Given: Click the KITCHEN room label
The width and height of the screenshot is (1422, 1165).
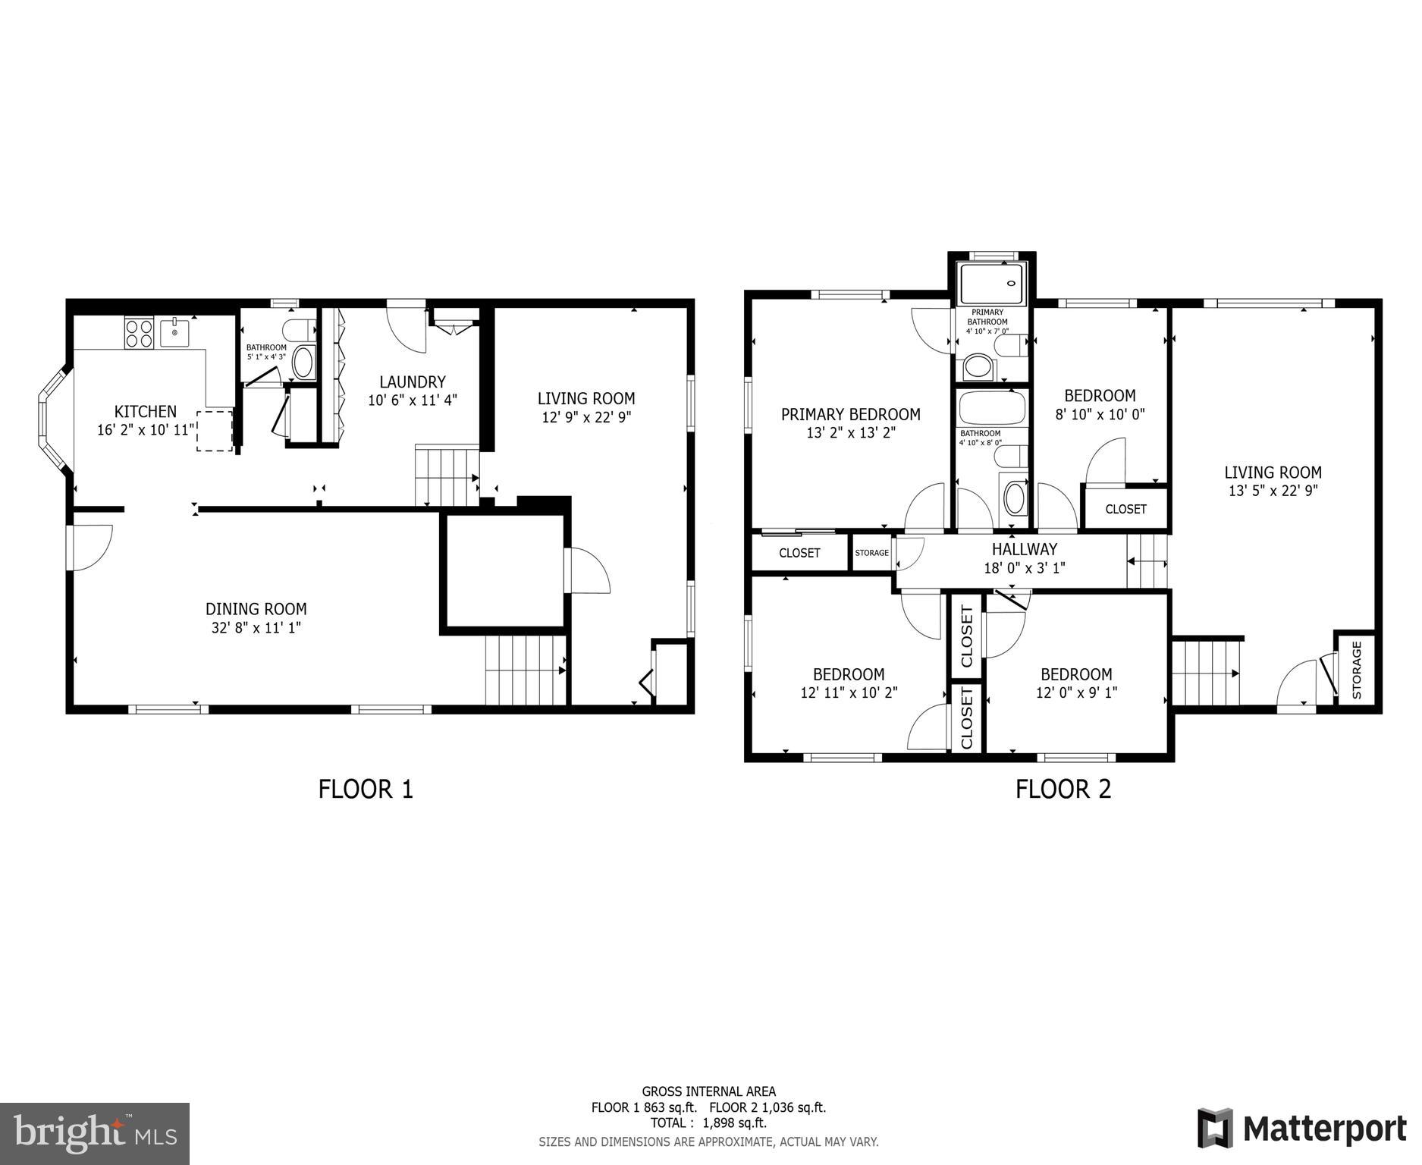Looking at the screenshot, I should point(145,412).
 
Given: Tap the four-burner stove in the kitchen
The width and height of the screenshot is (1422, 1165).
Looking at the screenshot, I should point(139,334).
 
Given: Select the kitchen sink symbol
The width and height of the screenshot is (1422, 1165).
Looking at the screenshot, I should point(175,332).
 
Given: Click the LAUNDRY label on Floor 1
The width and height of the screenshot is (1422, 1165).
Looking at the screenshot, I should point(412,382).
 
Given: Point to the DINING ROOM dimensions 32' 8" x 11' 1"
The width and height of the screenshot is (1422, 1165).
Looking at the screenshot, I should point(256,628).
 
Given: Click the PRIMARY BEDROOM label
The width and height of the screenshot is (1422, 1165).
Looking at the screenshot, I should point(850,415).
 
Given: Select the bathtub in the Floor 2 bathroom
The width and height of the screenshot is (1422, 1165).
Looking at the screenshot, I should point(991,408).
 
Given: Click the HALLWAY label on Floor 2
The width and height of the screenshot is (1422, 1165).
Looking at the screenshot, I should point(1024,549).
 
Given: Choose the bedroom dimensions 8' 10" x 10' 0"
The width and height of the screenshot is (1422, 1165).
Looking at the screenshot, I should point(1100,415).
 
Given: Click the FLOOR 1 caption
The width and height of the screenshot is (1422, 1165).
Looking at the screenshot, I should point(366,790).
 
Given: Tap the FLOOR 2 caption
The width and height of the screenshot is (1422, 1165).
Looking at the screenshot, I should point(1063,790).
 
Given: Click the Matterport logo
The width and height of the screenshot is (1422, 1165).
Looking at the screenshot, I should point(1301,1129).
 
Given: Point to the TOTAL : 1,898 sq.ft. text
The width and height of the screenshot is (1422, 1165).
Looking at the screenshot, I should point(708,1123).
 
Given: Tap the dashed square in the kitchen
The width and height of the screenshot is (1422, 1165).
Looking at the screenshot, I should point(215,431).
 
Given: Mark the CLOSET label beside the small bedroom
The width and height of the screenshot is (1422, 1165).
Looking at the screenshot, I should point(1125,509).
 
